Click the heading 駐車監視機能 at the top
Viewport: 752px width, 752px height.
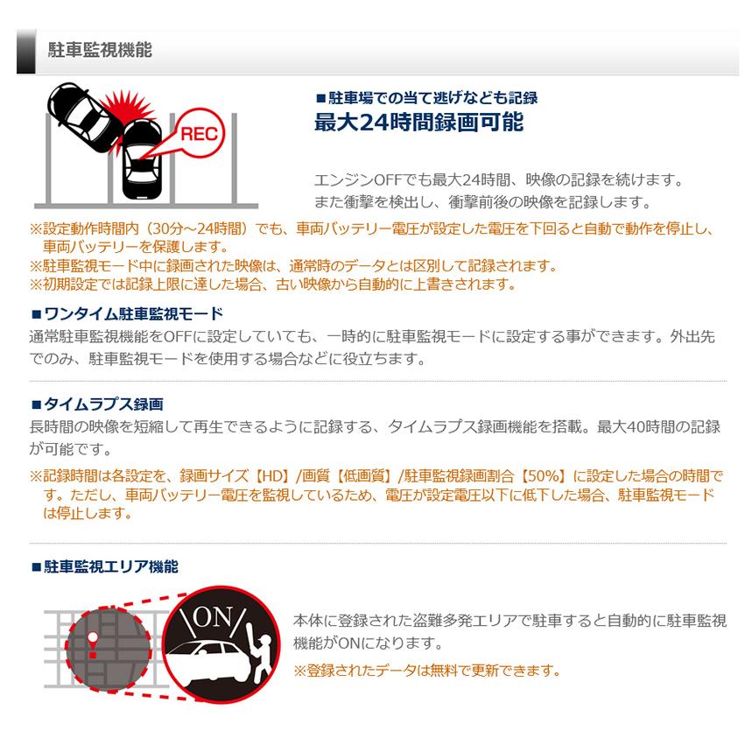(x=99, y=51)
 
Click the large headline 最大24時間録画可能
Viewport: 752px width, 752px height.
(x=418, y=123)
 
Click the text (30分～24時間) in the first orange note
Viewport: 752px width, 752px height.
(x=184, y=229)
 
